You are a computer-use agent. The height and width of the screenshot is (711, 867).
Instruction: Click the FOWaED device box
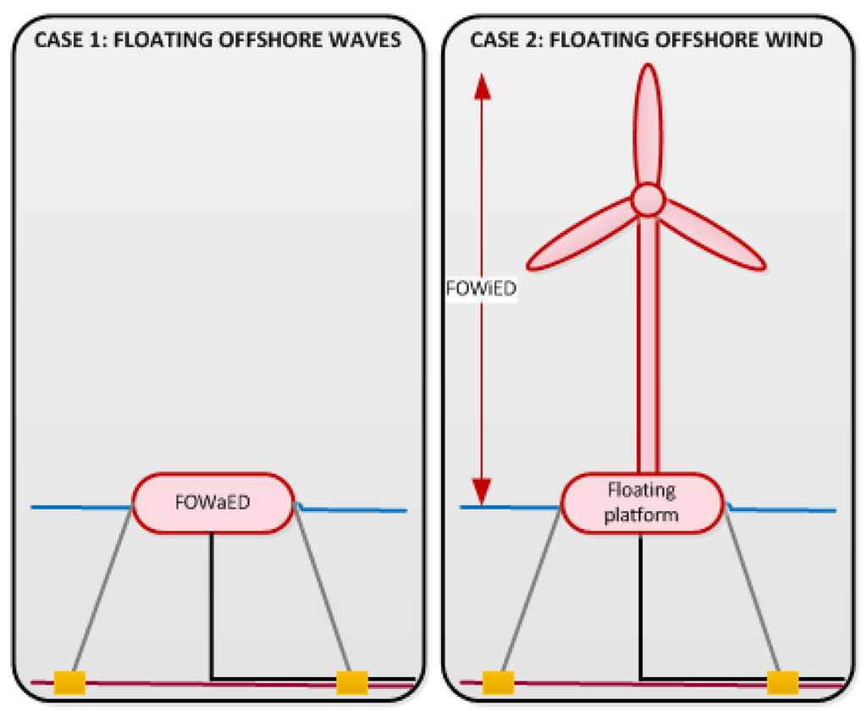[213, 503]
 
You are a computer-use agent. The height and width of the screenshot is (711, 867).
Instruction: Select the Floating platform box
[642, 502]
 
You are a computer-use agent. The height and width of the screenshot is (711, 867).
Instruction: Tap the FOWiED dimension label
[480, 288]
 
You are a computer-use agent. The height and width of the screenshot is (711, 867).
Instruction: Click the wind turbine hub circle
[647, 200]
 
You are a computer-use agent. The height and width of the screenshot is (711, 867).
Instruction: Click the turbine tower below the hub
[647, 339]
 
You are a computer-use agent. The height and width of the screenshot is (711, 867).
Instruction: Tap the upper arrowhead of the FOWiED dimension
[481, 85]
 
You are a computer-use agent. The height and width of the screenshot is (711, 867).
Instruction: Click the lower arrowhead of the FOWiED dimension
[481, 490]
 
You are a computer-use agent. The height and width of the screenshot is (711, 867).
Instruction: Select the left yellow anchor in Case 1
[69, 681]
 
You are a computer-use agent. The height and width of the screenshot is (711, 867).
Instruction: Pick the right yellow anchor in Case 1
[351, 681]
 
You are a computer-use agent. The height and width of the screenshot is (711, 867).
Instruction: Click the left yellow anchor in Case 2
[498, 681]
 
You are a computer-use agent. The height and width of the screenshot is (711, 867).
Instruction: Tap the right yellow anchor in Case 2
[782, 681]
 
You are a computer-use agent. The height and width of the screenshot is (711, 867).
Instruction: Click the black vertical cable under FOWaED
[212, 605]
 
